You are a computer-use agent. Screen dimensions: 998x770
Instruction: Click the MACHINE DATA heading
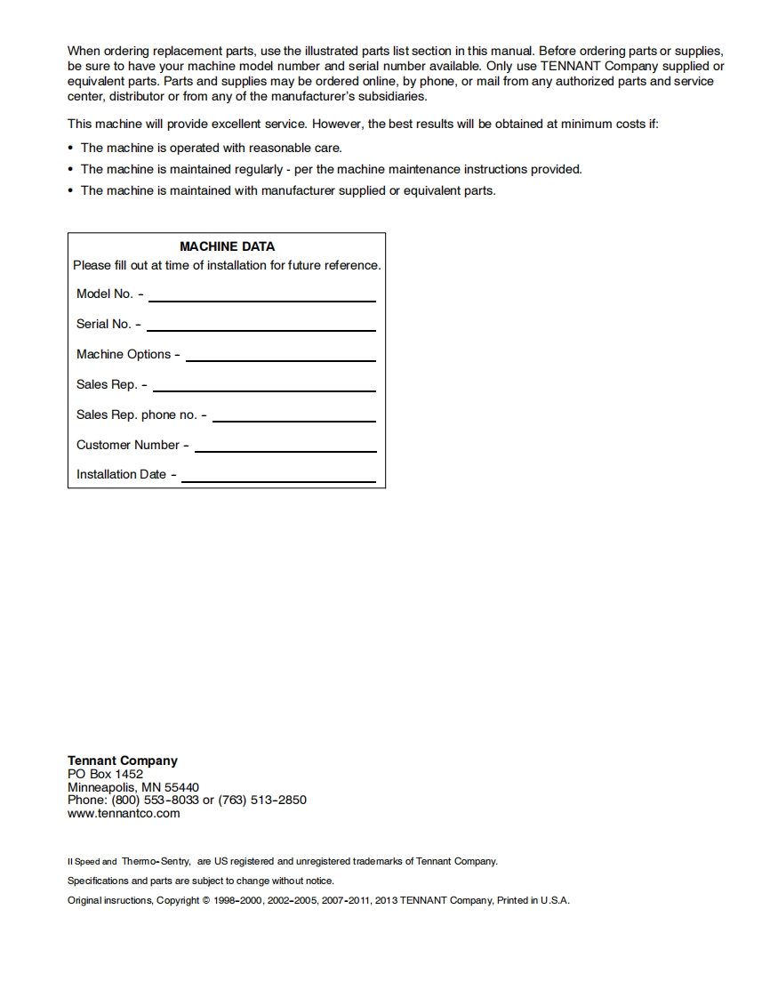pos(227,246)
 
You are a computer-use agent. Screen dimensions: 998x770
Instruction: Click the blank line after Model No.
pos(261,300)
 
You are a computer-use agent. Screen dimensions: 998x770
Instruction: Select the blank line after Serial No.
pos(261,330)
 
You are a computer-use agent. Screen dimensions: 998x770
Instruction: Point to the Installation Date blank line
pos(278,480)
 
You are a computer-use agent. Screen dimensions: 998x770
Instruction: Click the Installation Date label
pos(121,475)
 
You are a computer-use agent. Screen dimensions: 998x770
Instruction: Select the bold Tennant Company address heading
pos(123,761)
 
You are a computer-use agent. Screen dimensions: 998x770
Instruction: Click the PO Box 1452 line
pos(105,774)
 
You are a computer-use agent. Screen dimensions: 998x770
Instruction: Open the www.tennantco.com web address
pos(124,813)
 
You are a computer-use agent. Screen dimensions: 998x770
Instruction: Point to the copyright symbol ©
pos(206,900)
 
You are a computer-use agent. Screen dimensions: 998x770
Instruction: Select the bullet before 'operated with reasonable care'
pos(71,149)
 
